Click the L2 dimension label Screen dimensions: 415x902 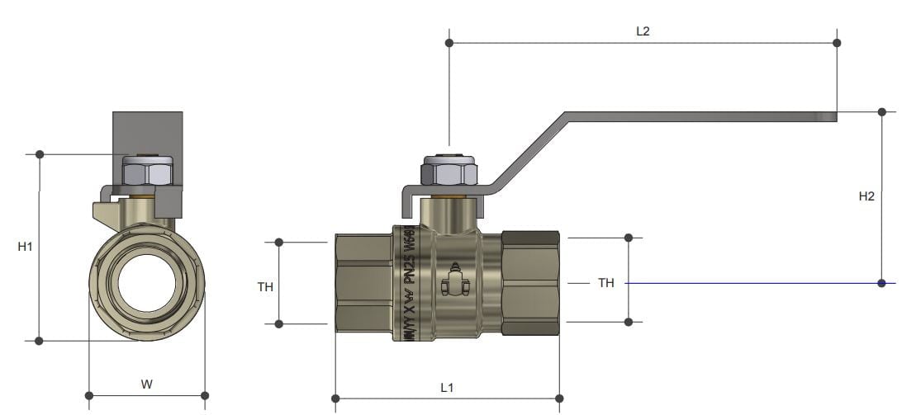tap(643, 31)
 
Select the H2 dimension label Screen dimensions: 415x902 tap(866, 196)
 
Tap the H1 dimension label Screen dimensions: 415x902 tap(25, 247)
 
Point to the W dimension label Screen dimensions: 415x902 tap(146, 384)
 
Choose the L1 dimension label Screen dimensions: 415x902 tap(447, 387)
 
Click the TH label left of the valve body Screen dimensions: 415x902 tap(265, 287)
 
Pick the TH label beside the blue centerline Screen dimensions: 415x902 tap(606, 283)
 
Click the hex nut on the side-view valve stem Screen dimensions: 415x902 tap(449, 173)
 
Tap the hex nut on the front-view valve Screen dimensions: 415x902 tap(147, 172)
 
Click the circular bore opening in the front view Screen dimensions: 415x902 tap(147, 283)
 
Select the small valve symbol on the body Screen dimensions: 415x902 tap(453, 281)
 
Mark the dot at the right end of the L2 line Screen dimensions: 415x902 tap(837, 42)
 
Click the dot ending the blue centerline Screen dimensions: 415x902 tap(882, 283)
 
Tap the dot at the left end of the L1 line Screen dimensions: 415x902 tap(335, 399)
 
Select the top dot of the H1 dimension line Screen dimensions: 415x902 tap(40, 154)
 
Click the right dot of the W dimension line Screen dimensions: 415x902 tap(205, 395)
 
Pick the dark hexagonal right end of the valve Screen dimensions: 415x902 tap(531, 283)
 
